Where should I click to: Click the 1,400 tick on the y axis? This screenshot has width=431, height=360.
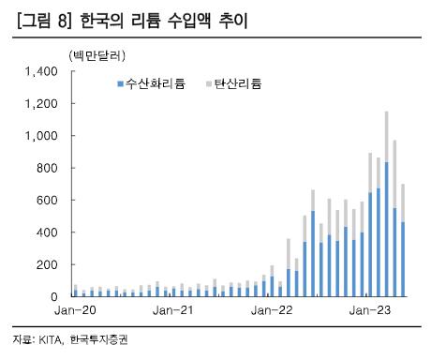(x=42, y=71)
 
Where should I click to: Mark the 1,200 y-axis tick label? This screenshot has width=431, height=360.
(x=42, y=103)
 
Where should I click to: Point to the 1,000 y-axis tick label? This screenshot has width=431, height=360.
(x=42, y=136)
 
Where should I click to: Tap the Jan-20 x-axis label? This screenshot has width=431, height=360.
(x=77, y=310)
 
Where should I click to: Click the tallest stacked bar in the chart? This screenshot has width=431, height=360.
(x=386, y=206)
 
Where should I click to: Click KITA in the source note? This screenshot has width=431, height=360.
(x=51, y=340)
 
